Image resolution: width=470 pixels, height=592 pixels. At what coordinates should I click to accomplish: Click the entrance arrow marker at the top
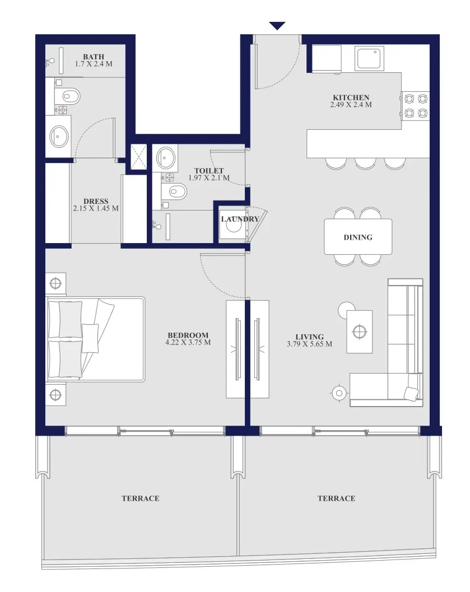[x=277, y=26]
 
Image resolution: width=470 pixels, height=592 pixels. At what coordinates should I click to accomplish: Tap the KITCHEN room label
[x=351, y=97]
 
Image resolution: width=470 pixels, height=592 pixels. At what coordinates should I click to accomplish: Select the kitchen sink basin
[x=369, y=58]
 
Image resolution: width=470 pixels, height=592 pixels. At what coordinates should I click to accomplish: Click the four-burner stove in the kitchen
[x=416, y=106]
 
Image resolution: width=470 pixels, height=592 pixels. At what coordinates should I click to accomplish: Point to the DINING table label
[x=358, y=237]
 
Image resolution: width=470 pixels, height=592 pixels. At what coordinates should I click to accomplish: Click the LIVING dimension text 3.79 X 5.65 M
[x=310, y=344]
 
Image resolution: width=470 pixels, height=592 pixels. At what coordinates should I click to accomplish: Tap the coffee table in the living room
[x=360, y=332]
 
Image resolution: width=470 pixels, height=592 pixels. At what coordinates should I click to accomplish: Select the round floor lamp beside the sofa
[x=339, y=393]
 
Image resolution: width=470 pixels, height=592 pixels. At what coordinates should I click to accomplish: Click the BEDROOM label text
[x=188, y=335]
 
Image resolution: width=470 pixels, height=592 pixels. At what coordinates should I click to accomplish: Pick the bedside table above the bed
[x=55, y=283]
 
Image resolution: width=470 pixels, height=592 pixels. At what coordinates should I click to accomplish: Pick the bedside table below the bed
[x=55, y=395]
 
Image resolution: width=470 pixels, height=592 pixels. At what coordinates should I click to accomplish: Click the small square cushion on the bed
[x=90, y=338]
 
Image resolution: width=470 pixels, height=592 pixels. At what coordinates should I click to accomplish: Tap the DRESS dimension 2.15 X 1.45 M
[x=96, y=208]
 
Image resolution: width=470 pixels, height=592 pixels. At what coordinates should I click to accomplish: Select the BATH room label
[x=94, y=57]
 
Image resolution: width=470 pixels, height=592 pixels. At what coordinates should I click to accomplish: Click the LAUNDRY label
[x=240, y=219]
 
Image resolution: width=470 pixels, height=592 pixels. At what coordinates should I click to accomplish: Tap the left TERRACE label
[x=141, y=498]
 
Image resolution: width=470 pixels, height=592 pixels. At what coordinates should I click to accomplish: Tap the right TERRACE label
[x=336, y=498]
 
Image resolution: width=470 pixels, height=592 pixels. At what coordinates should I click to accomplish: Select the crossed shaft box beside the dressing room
[x=138, y=157]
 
